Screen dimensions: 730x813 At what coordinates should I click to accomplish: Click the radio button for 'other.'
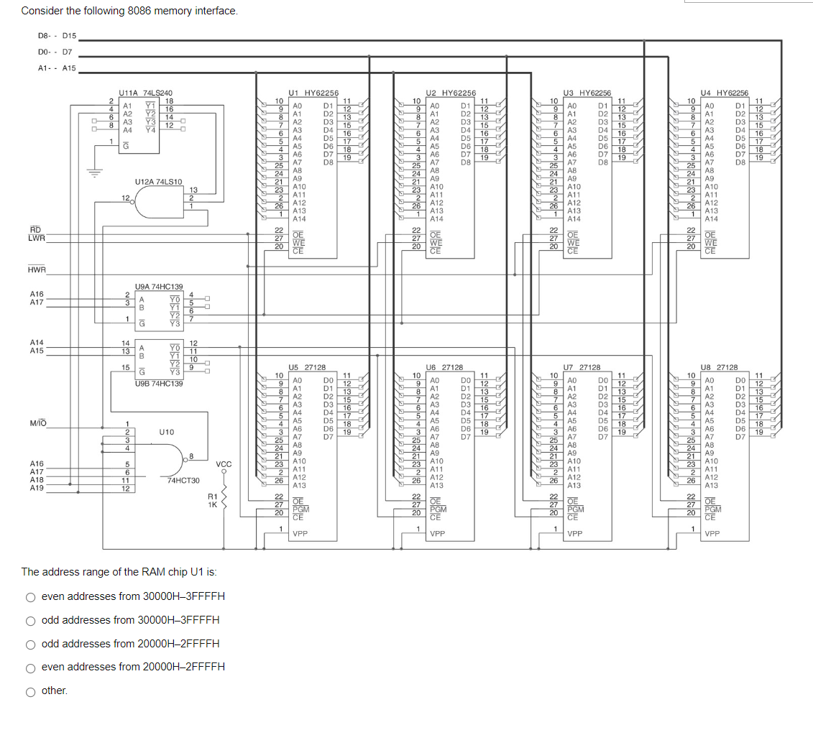[31, 691]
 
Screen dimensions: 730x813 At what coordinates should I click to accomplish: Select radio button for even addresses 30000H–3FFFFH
[31, 597]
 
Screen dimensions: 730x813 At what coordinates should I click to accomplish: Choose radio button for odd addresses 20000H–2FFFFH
[31, 644]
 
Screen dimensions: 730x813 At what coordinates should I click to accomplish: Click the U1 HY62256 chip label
[313, 93]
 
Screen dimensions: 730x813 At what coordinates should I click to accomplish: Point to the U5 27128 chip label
[307, 367]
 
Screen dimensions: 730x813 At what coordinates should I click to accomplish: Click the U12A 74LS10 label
[159, 182]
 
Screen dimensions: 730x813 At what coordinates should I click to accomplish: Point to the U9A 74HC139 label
[159, 286]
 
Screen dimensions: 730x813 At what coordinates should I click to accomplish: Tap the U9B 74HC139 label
[159, 384]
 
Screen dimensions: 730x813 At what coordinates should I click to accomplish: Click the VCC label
[224, 465]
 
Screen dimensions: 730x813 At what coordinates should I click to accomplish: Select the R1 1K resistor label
[212, 501]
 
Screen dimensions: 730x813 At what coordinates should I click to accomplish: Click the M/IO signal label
[38, 422]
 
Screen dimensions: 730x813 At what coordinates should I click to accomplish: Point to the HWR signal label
[37, 270]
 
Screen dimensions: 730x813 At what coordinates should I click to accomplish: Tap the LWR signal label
[37, 238]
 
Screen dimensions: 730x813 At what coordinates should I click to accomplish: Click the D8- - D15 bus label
[56, 35]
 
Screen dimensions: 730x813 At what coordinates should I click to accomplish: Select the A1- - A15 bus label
[56, 68]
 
